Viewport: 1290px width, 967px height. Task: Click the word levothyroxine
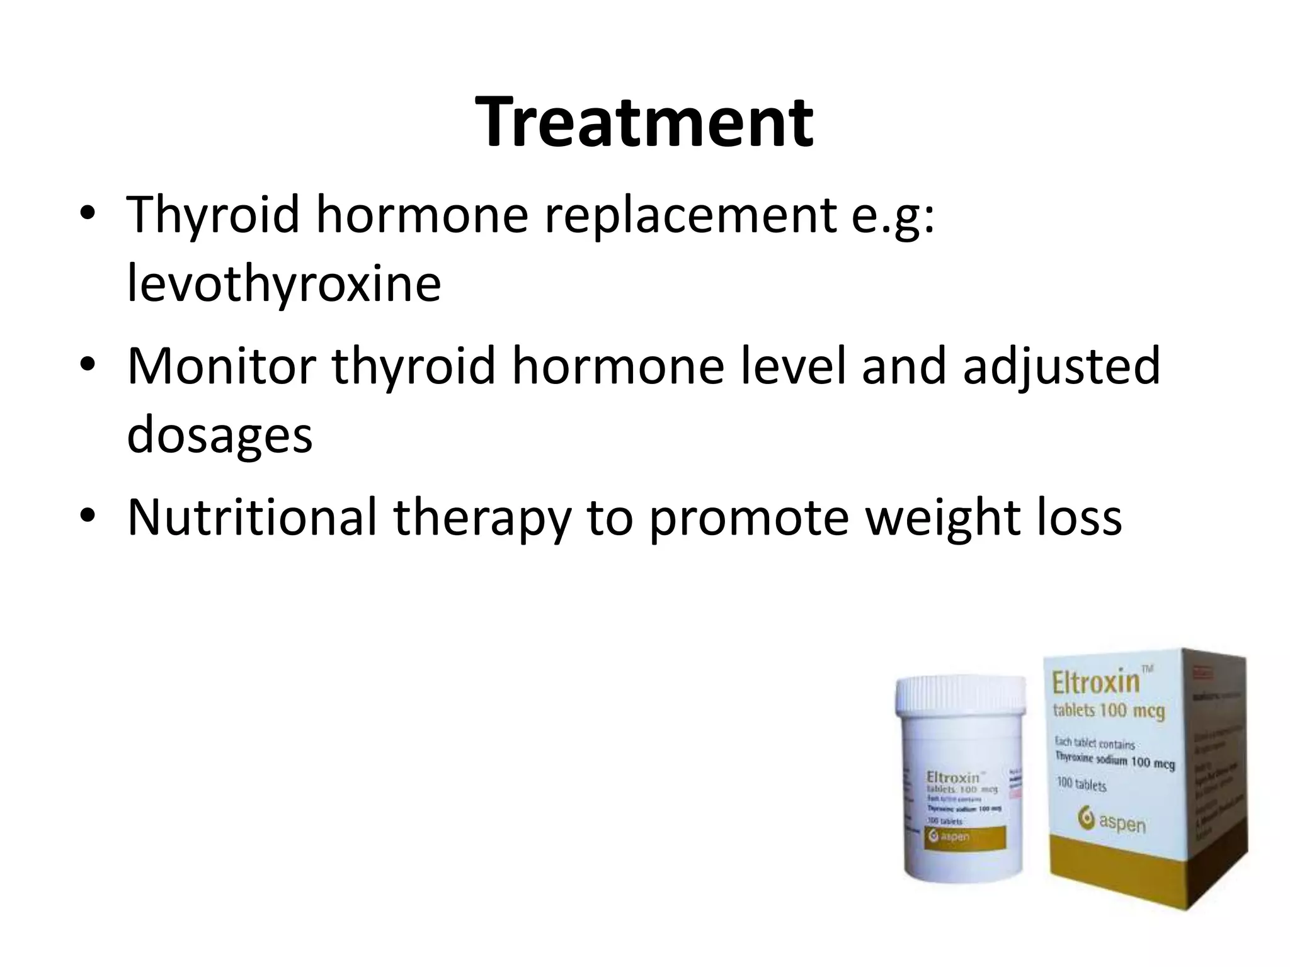[283, 283]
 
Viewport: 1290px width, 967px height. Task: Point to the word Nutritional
[252, 516]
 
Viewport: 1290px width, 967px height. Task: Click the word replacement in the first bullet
[690, 214]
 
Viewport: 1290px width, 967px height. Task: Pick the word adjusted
[1061, 366]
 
